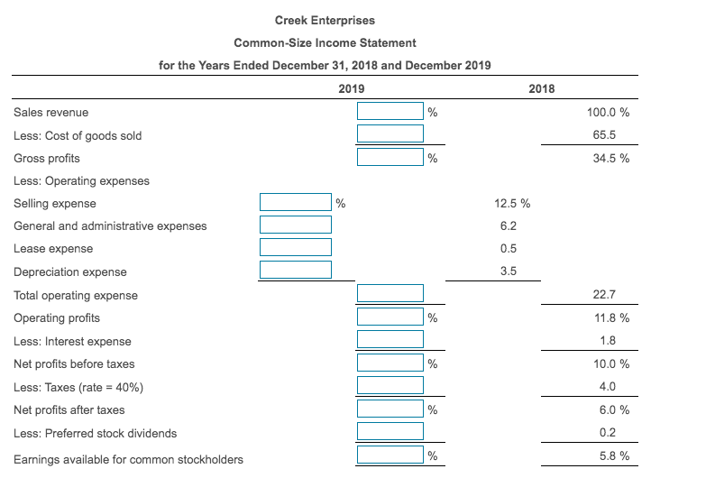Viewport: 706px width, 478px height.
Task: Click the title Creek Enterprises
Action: tap(325, 21)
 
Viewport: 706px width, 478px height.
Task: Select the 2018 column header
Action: tap(543, 88)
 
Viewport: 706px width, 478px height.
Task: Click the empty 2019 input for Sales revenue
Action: tap(390, 112)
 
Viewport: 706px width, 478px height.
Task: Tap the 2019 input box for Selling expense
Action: tap(296, 202)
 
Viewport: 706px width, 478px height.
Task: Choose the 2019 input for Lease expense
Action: tap(296, 247)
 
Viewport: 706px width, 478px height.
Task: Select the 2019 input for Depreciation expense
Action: tap(296, 270)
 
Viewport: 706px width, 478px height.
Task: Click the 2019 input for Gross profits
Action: tap(390, 158)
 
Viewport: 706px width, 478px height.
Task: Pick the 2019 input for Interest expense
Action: tap(390, 340)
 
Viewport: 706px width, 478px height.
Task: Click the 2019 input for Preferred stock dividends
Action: tap(390, 432)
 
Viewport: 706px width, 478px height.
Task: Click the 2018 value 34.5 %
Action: tap(611, 158)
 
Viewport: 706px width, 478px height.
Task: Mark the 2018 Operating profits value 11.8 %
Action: tap(611, 317)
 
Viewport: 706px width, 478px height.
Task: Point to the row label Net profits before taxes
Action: tap(74, 363)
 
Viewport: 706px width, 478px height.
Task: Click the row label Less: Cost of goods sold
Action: tap(78, 135)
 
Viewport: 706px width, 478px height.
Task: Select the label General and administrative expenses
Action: tap(110, 225)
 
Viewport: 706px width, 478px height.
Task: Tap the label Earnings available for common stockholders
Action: tap(128, 459)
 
